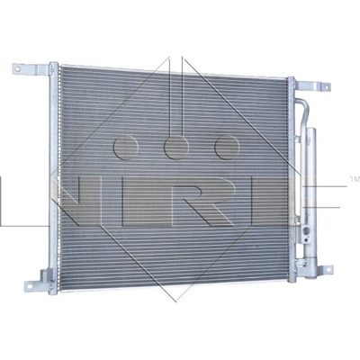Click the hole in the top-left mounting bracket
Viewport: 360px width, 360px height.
tap(17, 69)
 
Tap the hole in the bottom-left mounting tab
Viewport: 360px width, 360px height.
tap(30, 286)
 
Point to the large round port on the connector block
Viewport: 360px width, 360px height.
tap(306, 231)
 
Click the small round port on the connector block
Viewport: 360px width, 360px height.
tap(306, 238)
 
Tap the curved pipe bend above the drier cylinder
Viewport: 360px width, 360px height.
tap(302, 105)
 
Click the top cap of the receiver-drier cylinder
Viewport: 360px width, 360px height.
tap(310, 130)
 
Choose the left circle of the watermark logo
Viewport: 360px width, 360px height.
tap(126, 147)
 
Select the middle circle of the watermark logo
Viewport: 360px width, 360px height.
tap(176, 147)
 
